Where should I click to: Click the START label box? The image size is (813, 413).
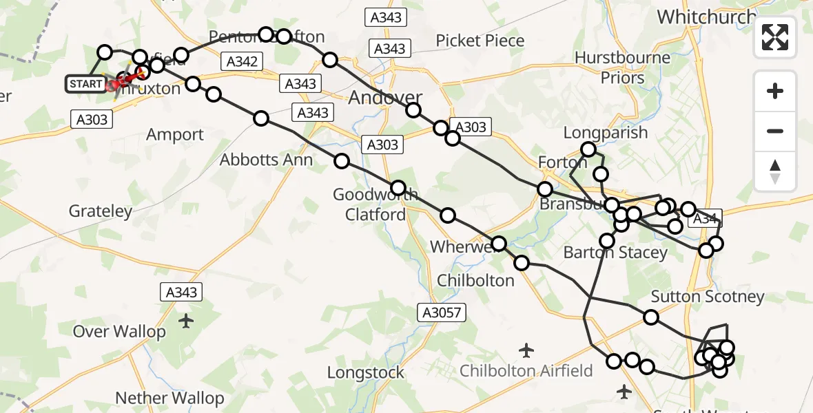click(x=85, y=85)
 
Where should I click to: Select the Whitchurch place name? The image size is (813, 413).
click(x=706, y=17)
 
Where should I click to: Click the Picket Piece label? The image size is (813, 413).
click(x=480, y=41)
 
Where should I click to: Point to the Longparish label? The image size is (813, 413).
click(x=605, y=132)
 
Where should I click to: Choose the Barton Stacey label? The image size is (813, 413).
click(x=615, y=253)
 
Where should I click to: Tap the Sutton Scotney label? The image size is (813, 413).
click(x=708, y=297)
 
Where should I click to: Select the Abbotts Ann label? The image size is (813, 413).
click(x=266, y=160)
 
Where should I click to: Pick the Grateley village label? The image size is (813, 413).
click(x=101, y=211)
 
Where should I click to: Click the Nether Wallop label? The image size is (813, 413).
click(x=169, y=398)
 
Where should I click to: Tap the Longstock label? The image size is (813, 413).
click(x=365, y=373)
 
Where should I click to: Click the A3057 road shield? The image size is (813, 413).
click(x=442, y=313)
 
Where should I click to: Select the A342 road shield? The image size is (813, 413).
click(x=241, y=62)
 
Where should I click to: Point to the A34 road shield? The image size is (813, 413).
click(x=704, y=219)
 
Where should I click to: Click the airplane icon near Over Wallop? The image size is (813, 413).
click(x=186, y=321)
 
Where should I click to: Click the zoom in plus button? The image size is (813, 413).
click(x=775, y=91)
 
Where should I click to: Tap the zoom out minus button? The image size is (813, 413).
click(x=775, y=131)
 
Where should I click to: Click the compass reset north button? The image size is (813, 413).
click(x=775, y=171)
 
